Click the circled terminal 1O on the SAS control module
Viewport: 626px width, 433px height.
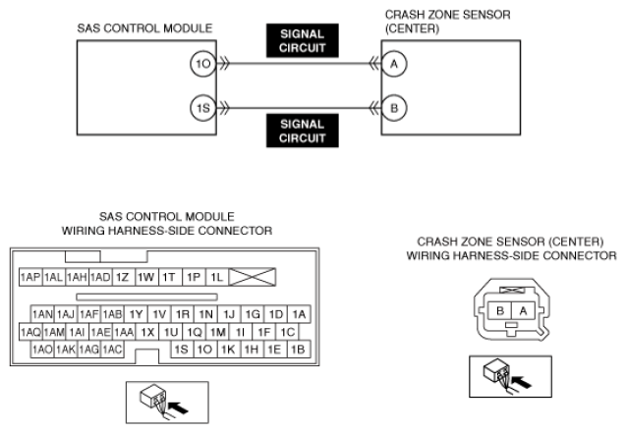[x=203, y=64]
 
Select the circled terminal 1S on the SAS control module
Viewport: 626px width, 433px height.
[x=203, y=108]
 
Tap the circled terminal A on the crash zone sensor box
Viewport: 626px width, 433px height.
[x=394, y=64]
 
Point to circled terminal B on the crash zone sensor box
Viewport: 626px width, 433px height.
[x=394, y=108]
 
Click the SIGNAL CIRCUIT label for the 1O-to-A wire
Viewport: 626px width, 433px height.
[x=303, y=40]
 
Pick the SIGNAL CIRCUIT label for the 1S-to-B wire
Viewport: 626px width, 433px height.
[x=303, y=131]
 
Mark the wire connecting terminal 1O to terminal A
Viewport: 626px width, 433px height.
[x=299, y=64]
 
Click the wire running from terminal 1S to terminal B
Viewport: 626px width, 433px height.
[x=299, y=108]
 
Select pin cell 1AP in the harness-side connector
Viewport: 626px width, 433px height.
[x=30, y=277]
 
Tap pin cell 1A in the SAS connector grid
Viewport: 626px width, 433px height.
[x=299, y=314]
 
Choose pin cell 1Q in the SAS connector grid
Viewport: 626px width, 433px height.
[x=195, y=332]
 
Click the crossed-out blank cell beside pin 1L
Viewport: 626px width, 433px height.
[x=253, y=277]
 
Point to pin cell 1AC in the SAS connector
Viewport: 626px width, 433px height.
[x=112, y=350]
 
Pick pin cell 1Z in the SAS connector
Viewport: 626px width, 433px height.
[x=124, y=277]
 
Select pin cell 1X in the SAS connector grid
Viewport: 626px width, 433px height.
[x=147, y=332]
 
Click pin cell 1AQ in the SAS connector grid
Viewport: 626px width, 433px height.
[x=30, y=332]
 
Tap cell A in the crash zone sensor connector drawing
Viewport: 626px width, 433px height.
[x=523, y=310]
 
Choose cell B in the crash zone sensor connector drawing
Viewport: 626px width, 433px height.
[x=500, y=310]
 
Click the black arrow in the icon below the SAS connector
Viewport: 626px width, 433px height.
[x=178, y=407]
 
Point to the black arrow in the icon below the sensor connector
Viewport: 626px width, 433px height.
[x=522, y=382]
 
